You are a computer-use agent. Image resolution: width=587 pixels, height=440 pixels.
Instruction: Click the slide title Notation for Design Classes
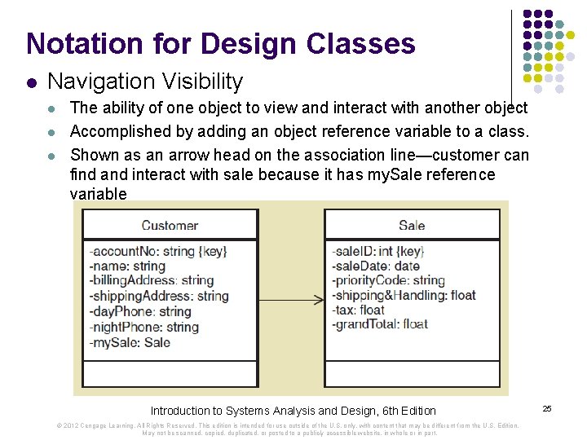pyautogui.click(x=220, y=43)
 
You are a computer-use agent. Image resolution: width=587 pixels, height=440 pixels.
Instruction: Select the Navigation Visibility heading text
pyautogui.click(x=145, y=81)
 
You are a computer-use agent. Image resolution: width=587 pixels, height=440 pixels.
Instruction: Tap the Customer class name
pyautogui.click(x=170, y=226)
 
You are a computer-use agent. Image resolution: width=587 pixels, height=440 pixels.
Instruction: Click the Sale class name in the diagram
pyautogui.click(x=412, y=226)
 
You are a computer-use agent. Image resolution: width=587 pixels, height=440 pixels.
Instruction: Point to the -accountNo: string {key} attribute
pyautogui.click(x=158, y=251)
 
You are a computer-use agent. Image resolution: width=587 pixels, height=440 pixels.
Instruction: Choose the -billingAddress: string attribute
pyautogui.click(x=152, y=281)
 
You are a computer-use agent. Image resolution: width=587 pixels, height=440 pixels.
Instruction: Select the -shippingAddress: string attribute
pyautogui.click(x=158, y=296)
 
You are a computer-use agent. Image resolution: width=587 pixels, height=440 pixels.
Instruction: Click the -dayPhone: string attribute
pyautogui.click(x=139, y=311)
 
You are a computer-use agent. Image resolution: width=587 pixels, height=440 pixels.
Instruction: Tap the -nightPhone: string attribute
pyautogui.click(x=143, y=327)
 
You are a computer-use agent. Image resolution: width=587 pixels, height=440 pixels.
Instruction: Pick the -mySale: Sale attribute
pyautogui.click(x=130, y=342)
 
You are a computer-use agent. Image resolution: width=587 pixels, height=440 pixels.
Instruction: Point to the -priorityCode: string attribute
pyautogui.click(x=388, y=281)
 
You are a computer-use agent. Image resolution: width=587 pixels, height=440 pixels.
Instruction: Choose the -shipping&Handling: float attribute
pyautogui.click(x=404, y=296)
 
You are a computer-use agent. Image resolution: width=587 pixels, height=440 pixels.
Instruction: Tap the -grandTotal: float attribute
pyautogui.click(x=380, y=324)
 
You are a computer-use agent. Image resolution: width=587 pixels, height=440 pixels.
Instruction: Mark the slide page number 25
pyautogui.click(x=547, y=408)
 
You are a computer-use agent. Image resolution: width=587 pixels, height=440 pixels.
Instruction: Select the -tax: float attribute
pyautogui.click(x=358, y=310)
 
